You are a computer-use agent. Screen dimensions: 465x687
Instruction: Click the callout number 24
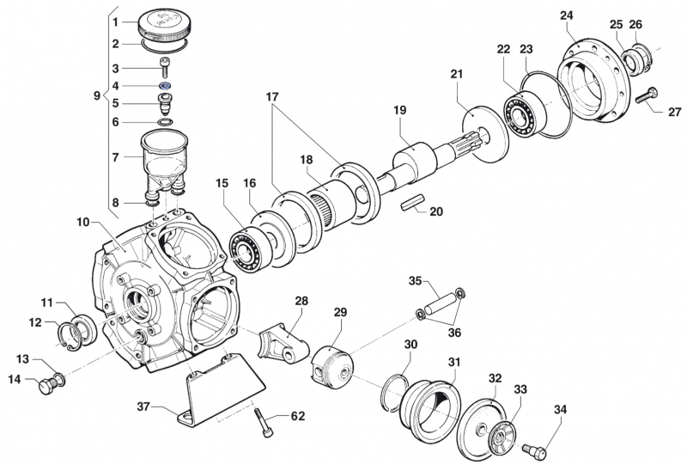pos(566,15)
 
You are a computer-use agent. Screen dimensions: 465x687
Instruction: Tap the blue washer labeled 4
pos(164,86)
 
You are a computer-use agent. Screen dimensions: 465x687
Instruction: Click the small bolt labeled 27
pos(646,95)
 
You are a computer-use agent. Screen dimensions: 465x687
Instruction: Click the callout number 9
pos(97,96)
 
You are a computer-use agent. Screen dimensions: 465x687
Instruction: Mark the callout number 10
pos(82,222)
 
